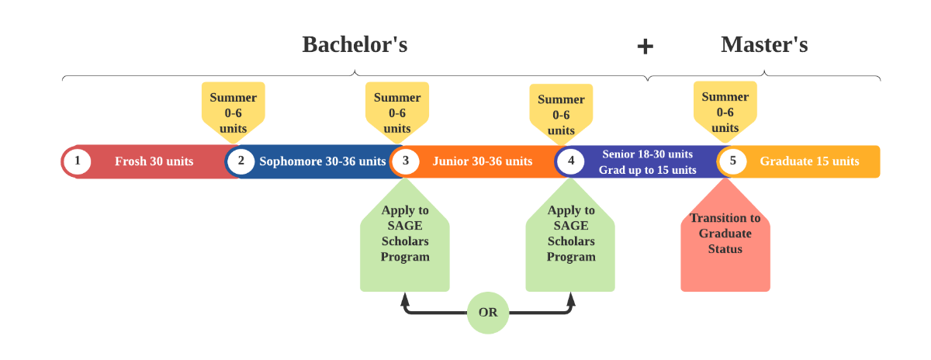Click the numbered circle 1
pyautogui.click(x=78, y=161)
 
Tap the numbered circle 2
pyautogui.click(x=241, y=161)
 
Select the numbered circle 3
pyautogui.click(x=405, y=161)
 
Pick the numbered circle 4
pyautogui.click(x=571, y=161)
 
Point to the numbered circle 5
pyautogui.click(x=732, y=161)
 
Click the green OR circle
pyautogui.click(x=488, y=313)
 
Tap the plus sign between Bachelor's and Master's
pyautogui.click(x=645, y=47)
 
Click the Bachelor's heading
pyautogui.click(x=355, y=44)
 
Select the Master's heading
pyautogui.click(x=764, y=44)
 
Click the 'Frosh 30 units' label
pyautogui.click(x=154, y=161)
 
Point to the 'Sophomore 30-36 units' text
pyautogui.click(x=322, y=161)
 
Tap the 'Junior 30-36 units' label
pyautogui.click(x=483, y=161)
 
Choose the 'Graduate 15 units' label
pyautogui.click(x=809, y=161)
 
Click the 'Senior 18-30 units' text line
pyautogui.click(x=647, y=154)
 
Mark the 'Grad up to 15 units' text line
pyautogui.click(x=647, y=170)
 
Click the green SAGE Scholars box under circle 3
pyautogui.click(x=405, y=241)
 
